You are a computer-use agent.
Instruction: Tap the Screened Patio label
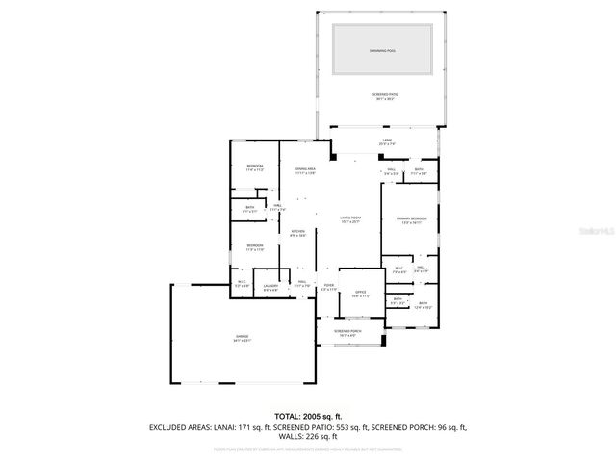385,95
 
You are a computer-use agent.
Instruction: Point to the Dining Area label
306,170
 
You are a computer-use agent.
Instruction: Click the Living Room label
349,219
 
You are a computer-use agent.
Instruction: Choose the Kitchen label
298,233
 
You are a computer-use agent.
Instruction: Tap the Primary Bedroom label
412,220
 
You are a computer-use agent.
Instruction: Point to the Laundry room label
270,287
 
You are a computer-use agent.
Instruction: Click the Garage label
243,338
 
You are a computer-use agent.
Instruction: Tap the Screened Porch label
347,333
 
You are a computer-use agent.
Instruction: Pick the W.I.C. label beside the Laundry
242,284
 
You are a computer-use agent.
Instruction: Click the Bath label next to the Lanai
419,171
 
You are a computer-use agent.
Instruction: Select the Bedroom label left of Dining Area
254,167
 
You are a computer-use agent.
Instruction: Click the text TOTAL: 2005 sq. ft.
308,416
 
